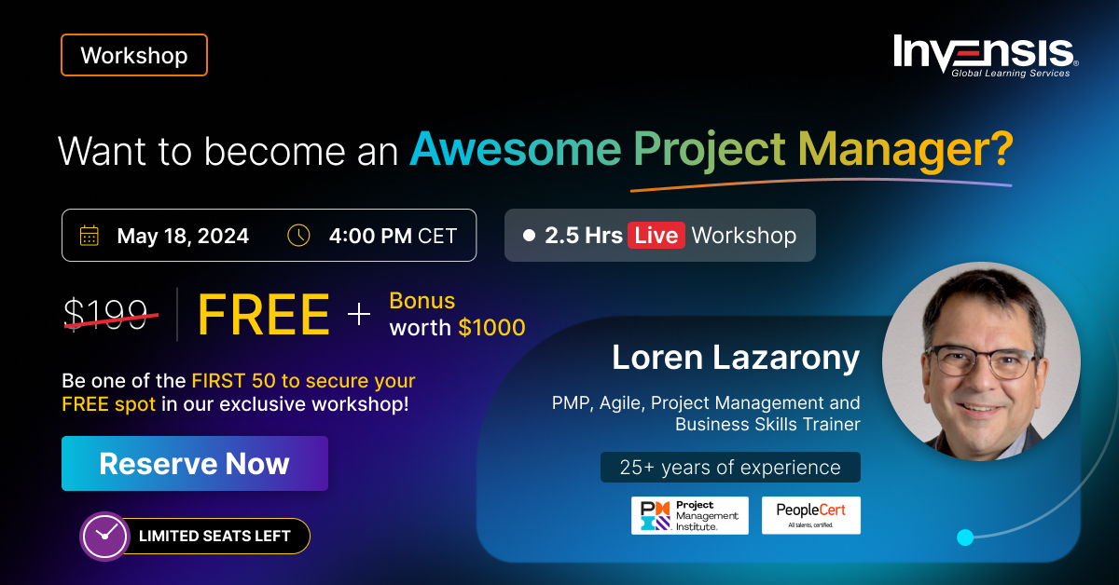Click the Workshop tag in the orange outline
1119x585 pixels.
pyautogui.click(x=133, y=55)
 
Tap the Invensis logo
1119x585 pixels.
pyautogui.click(x=985, y=55)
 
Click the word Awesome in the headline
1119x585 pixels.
pyautogui.click(x=516, y=151)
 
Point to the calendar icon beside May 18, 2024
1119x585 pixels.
pyautogui.click(x=90, y=236)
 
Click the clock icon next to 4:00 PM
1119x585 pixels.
pyautogui.click(x=298, y=236)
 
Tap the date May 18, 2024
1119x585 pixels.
pyautogui.click(x=183, y=236)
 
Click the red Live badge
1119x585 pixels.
pyautogui.click(x=656, y=235)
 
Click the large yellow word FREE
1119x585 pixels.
pyautogui.click(x=264, y=315)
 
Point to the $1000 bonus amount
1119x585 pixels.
pyautogui.click(x=491, y=328)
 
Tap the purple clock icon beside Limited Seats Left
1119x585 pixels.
pyautogui.click(x=104, y=536)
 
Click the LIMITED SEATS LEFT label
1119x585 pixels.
pyautogui.click(x=214, y=536)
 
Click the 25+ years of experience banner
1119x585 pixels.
pyautogui.click(x=730, y=468)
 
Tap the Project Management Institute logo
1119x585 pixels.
pyautogui.click(x=689, y=515)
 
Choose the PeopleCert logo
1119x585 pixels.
pyautogui.click(x=810, y=515)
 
